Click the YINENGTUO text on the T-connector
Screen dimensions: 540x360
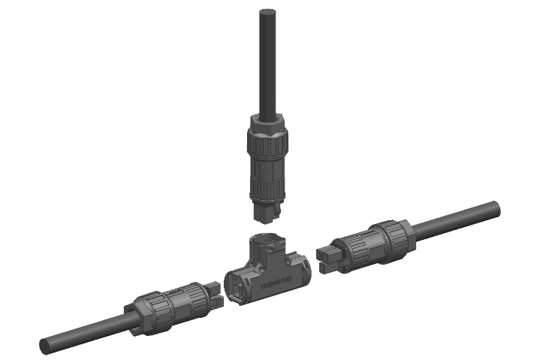(x=276, y=282)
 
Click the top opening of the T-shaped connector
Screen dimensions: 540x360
(x=267, y=242)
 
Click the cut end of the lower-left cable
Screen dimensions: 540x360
(x=44, y=346)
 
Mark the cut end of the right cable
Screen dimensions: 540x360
(x=496, y=209)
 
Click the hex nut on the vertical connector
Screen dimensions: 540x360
(x=268, y=123)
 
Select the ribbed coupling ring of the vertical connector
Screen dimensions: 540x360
(x=267, y=144)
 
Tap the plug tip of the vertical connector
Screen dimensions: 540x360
(x=267, y=213)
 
